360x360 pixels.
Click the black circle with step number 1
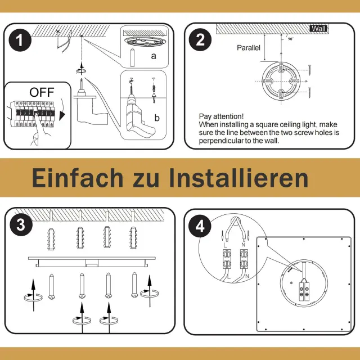point(20,40)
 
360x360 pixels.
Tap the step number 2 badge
point(200,40)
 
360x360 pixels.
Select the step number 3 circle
point(21,224)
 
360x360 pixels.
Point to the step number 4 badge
point(200,226)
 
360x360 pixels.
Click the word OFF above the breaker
point(42,92)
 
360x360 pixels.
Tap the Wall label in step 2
point(318,29)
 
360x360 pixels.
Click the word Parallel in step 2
point(249,48)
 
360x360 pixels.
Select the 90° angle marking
point(291,39)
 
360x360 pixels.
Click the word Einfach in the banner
point(78,178)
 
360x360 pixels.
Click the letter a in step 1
point(154,56)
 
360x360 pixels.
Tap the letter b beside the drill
point(157,118)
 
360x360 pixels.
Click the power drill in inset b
point(138,115)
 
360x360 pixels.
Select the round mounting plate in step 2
point(281,81)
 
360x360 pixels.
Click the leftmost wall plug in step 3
point(51,239)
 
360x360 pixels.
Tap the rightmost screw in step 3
point(134,285)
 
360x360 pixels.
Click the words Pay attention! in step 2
point(221,116)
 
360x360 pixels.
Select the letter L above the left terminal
point(225,245)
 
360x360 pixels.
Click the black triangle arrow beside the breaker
point(62,116)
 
